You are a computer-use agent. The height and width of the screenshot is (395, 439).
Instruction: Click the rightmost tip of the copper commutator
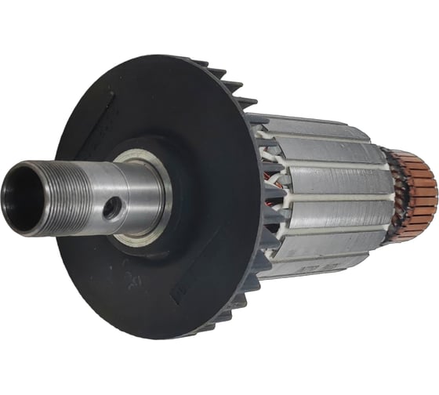click(x=434, y=184)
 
